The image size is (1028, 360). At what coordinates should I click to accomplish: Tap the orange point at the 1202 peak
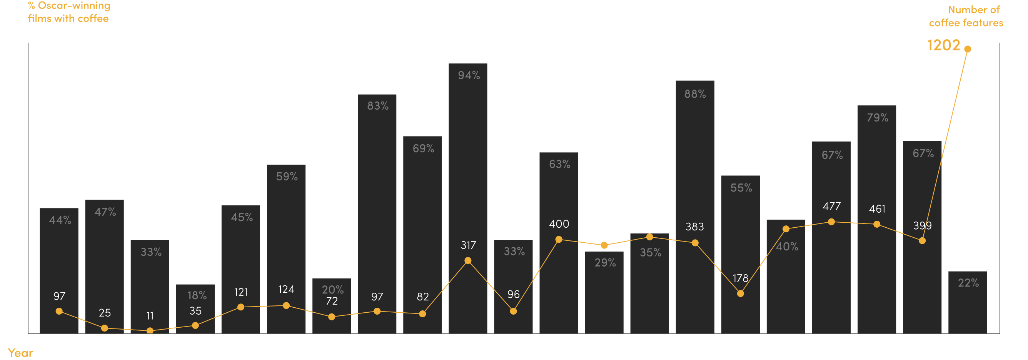968,49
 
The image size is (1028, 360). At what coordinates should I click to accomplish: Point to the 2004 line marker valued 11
150,331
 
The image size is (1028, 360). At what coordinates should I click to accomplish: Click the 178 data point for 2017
740,294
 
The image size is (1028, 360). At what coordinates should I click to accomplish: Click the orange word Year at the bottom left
20,353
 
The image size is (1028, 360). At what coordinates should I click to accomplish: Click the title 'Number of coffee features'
966,16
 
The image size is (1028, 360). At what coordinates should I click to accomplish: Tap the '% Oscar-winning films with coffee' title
68,12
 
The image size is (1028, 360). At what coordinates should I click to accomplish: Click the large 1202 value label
943,45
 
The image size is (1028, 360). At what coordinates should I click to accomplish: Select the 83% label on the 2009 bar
377,106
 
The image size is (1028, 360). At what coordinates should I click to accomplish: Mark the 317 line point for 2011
468,261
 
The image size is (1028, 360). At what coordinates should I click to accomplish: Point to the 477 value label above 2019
832,206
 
